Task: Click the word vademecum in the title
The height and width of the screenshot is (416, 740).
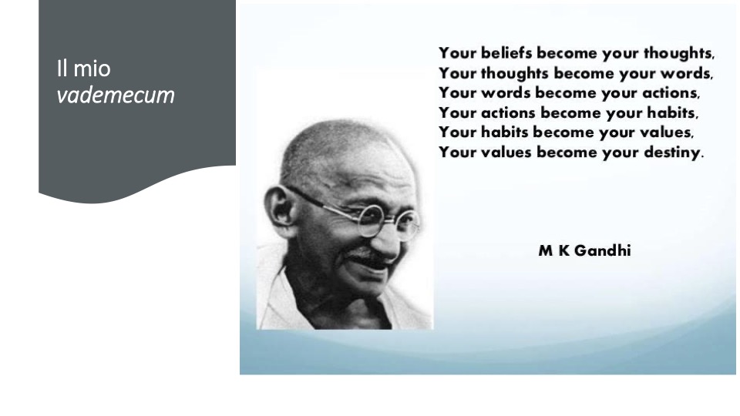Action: click(x=116, y=96)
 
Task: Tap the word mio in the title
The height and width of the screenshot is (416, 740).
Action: click(x=92, y=69)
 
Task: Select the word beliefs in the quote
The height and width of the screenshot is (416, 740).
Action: click(x=506, y=53)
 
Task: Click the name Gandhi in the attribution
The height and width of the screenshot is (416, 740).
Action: click(x=603, y=250)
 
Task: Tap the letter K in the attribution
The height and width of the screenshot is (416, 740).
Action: click(x=564, y=251)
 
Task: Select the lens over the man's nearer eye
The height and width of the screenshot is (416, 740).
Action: click(x=372, y=220)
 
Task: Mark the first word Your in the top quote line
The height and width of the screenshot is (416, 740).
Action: click(x=457, y=53)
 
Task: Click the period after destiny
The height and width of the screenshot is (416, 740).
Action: click(x=702, y=157)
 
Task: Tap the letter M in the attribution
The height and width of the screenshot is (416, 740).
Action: click(x=546, y=251)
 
